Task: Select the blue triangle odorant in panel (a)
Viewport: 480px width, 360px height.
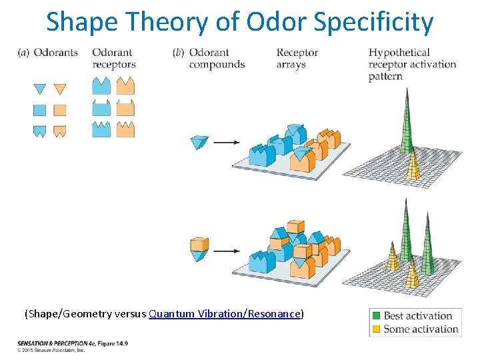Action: coord(40,89)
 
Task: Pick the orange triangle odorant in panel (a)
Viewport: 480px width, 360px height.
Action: coord(60,89)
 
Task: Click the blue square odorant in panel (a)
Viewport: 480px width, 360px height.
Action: coord(40,110)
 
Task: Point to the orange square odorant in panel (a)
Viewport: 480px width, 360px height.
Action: coord(60,110)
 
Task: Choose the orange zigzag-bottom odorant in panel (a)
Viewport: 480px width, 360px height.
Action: coord(60,131)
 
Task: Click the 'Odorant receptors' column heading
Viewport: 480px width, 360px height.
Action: coord(113,59)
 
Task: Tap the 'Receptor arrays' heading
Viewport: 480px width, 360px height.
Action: coord(297,59)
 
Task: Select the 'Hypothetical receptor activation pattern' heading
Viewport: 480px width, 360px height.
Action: coord(411,64)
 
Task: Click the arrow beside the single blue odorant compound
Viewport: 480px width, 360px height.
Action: coord(227,142)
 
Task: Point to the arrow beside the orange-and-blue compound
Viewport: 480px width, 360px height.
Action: coord(227,251)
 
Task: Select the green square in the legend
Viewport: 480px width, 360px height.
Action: coord(377,316)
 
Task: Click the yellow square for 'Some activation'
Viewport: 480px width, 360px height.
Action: coord(377,329)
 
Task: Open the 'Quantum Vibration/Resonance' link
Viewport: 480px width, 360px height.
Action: coord(225,314)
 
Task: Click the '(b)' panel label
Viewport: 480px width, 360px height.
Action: coord(178,53)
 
